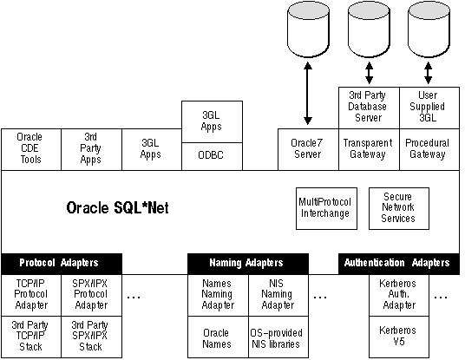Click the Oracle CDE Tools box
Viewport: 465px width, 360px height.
[31, 149]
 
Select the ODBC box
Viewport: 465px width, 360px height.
[212, 156]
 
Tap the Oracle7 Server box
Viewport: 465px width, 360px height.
[308, 149]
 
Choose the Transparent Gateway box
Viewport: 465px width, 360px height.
[370, 149]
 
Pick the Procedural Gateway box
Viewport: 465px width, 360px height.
[429, 149]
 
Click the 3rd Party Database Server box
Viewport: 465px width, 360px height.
[370, 108]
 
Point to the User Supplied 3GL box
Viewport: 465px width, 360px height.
[429, 108]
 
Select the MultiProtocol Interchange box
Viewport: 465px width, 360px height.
[326, 208]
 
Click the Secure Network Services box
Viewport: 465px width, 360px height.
[399, 208]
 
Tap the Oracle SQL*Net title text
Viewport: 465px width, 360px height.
[117, 208]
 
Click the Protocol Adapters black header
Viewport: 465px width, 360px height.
[62, 264]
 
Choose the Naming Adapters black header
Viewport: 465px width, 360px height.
[248, 264]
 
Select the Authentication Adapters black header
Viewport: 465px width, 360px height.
[399, 264]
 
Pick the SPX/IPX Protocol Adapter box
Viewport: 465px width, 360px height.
[91, 295]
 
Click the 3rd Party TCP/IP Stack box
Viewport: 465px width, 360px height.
[31, 337]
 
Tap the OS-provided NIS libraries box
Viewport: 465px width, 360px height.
[278, 337]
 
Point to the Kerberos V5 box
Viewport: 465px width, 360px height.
[399, 337]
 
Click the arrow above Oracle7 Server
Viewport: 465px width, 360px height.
[308, 93]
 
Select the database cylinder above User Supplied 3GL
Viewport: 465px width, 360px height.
[429, 29]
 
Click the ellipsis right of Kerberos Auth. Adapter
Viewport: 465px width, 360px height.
[441, 297]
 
